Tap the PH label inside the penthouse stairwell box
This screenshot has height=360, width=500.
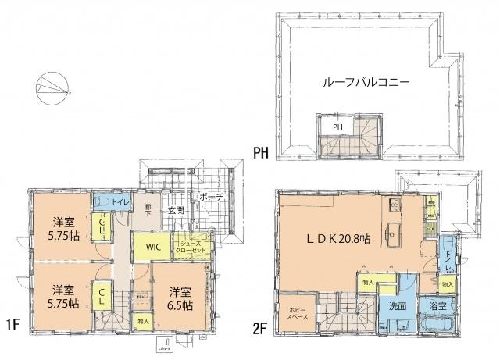click(337, 126)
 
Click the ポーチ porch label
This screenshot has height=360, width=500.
click(211, 198)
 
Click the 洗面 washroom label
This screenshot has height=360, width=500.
click(397, 306)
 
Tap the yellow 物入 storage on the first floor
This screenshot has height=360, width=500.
click(141, 320)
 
